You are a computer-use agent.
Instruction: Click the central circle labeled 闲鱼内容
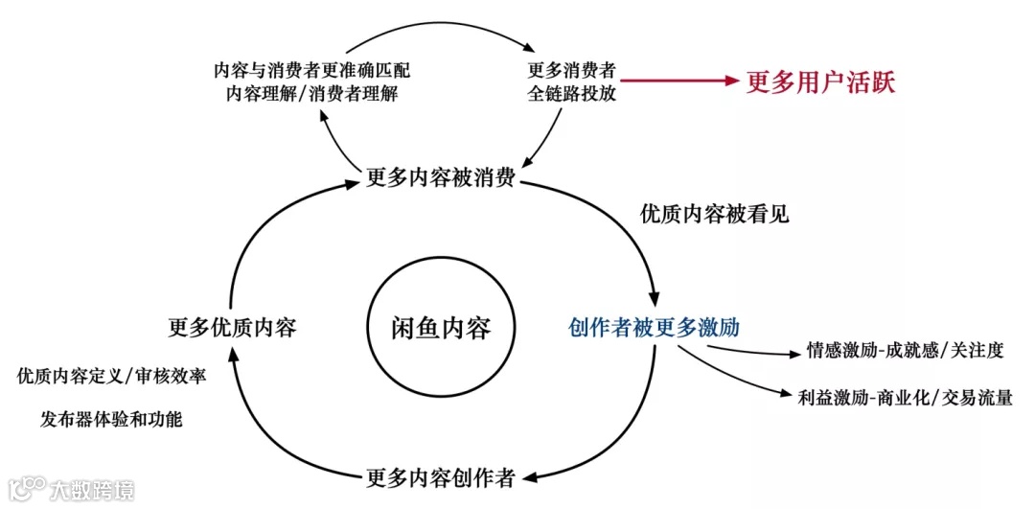441,329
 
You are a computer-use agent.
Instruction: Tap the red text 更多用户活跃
820,81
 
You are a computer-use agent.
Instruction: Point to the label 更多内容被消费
442,178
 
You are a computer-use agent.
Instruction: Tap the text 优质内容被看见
715,214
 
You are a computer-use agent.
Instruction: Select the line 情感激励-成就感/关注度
905,351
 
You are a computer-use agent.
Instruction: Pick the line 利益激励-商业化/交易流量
905,396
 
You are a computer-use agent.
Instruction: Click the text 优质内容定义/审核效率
112,376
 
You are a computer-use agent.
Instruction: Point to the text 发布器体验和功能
112,419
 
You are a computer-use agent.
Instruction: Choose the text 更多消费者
571,71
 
